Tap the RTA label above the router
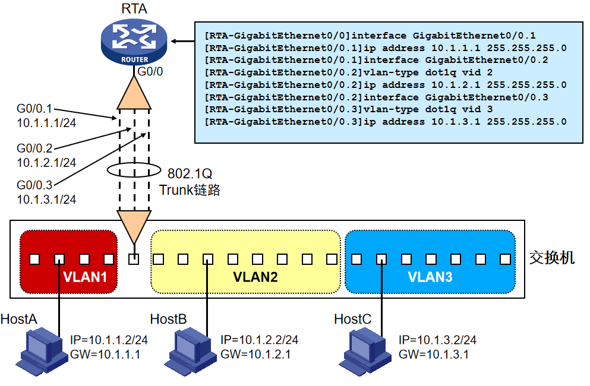pos(134,8)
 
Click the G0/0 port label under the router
pos(150,72)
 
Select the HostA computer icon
pos(41,352)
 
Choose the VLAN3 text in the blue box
pos(430,277)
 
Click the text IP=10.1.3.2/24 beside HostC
pos(437,340)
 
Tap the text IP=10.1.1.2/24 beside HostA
pos(109,340)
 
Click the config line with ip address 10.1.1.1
pos(385,48)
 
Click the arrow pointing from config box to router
pos(182,42)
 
